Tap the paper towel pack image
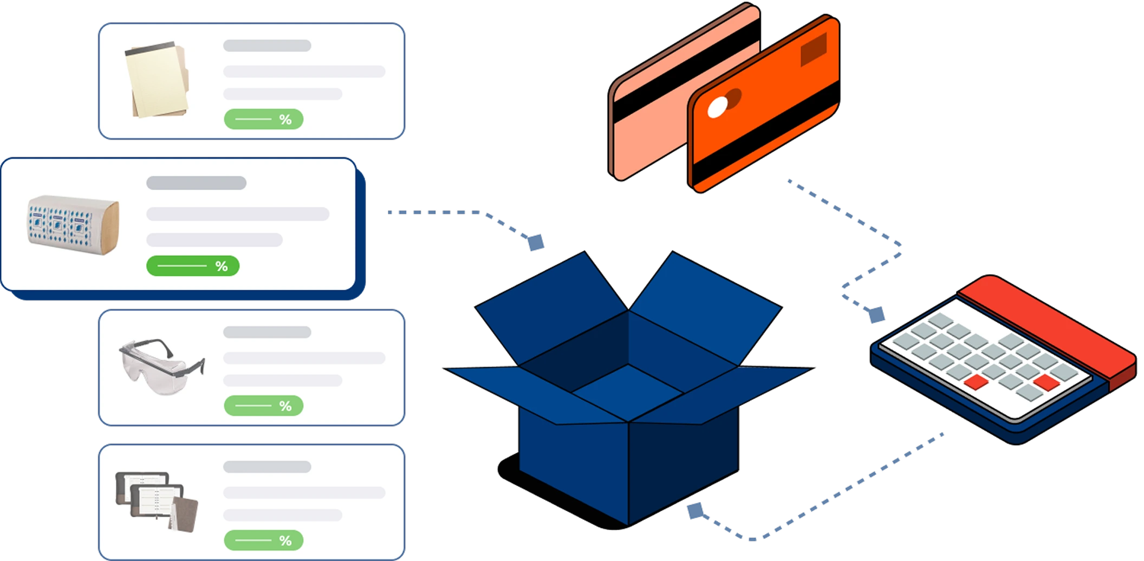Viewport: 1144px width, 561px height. (x=73, y=224)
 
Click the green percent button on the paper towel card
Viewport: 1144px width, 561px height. (x=193, y=266)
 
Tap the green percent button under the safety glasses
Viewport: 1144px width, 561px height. (x=263, y=406)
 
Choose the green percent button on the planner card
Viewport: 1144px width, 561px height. (x=263, y=540)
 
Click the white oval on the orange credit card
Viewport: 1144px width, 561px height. (x=717, y=108)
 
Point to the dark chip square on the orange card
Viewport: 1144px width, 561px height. (x=814, y=49)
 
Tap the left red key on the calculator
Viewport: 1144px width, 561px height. (x=976, y=382)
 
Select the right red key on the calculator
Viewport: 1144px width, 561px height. (x=1046, y=382)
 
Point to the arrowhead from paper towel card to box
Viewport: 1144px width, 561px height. (x=536, y=243)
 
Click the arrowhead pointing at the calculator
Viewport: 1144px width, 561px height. (x=876, y=314)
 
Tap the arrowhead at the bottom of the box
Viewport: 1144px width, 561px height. (x=695, y=511)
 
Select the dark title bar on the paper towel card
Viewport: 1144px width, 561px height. (x=196, y=183)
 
